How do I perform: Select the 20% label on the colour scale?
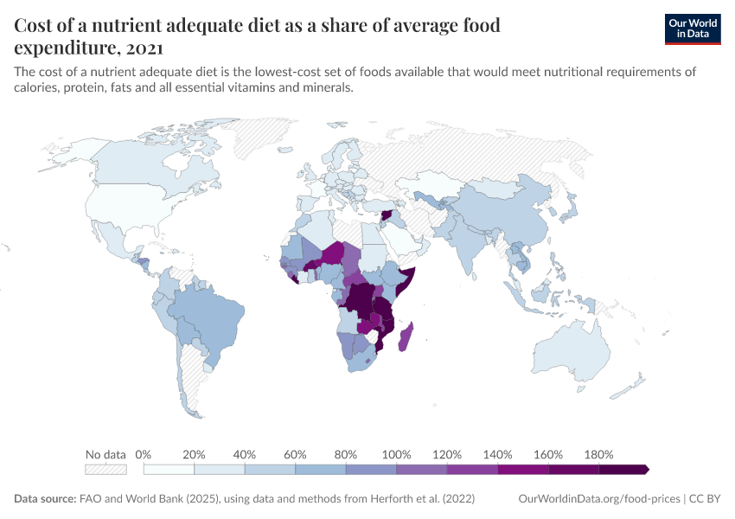pos(194,454)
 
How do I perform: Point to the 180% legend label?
pos(598,454)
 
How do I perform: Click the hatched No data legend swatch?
pos(105,470)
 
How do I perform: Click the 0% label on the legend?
pos(144,454)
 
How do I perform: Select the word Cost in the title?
pos(35,25)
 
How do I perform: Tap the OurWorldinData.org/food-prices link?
pos(598,499)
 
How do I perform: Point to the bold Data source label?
pos(44,499)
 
